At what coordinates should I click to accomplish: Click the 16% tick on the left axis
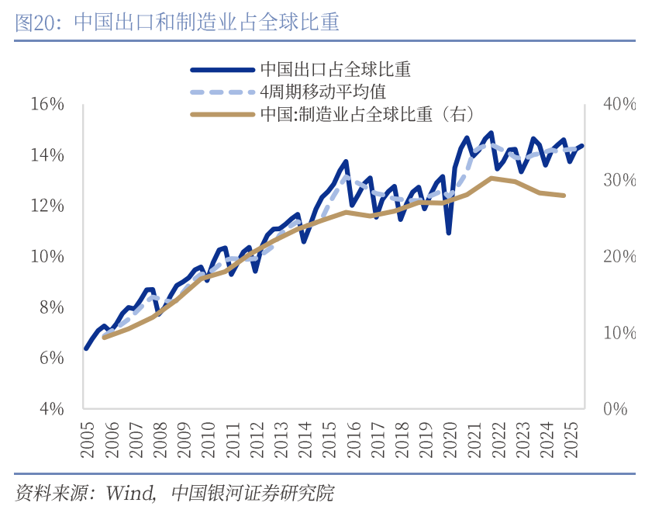pyautogui.click(x=47, y=104)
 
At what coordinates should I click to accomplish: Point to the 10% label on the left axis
pyautogui.click(x=47, y=257)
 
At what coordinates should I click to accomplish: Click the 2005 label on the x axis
pyautogui.click(x=86, y=436)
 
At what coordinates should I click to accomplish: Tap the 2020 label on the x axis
pyautogui.click(x=450, y=436)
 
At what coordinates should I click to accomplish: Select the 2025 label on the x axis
pyautogui.click(x=571, y=436)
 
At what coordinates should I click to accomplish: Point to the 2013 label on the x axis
pyautogui.click(x=280, y=436)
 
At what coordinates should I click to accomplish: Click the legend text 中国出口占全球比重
pyautogui.click(x=335, y=69)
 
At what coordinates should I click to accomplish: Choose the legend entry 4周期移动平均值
pyautogui.click(x=323, y=92)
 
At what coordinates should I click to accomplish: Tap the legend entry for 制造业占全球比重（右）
pyautogui.click(x=367, y=114)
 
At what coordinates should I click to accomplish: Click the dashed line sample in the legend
pyautogui.click(x=222, y=92)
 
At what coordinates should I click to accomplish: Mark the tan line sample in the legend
pyautogui.click(x=222, y=114)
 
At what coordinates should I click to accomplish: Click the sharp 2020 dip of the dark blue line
pyautogui.click(x=449, y=232)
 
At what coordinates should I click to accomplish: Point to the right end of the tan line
pyautogui.click(x=564, y=196)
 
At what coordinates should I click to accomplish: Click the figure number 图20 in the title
pyautogui.click(x=37, y=23)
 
